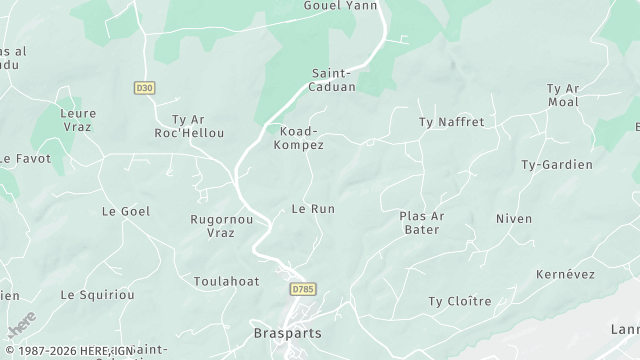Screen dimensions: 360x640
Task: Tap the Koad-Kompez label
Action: point(299,138)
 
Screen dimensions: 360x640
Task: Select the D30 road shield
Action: point(144,88)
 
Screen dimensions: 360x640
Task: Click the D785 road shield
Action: point(302,289)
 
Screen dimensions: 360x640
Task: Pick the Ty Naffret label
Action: point(450,122)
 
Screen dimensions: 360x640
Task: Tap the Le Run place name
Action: point(312,209)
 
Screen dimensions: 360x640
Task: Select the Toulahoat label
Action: point(226,281)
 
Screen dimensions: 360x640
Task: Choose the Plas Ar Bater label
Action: point(420,222)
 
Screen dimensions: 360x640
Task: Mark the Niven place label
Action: point(514,218)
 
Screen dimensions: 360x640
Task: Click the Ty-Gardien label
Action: point(557,164)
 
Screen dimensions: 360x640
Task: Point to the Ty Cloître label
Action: point(460,301)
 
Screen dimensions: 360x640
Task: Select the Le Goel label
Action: point(125,211)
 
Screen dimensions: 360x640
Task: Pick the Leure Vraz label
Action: point(78,121)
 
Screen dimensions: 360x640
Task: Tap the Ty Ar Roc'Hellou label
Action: point(189,126)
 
